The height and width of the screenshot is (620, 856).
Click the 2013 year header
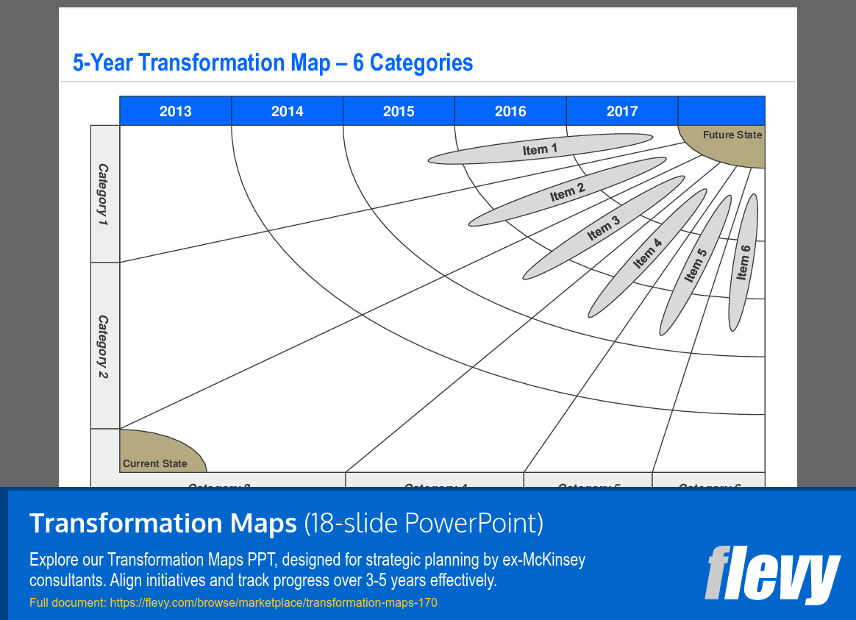[x=175, y=111]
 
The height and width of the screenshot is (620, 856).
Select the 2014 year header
[x=287, y=111]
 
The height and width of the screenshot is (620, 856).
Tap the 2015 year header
[x=399, y=111]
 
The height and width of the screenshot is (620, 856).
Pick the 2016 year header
[x=510, y=111]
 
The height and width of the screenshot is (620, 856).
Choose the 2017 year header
[x=622, y=111]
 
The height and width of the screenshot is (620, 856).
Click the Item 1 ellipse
[x=540, y=149]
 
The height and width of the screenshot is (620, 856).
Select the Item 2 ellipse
[x=567, y=193]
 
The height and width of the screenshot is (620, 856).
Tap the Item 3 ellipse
[x=604, y=228]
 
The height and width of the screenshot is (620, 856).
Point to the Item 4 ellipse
[x=647, y=253]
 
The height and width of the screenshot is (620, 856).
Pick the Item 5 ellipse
[x=695, y=265]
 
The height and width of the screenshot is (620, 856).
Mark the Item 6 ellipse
[x=743, y=263]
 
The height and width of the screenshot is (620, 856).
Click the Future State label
[x=732, y=135]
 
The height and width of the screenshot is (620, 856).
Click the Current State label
[x=155, y=463]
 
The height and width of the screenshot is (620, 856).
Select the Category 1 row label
[x=104, y=194]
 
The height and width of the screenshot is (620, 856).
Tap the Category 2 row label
[x=104, y=346]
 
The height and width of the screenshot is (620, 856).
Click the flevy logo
[x=772, y=574]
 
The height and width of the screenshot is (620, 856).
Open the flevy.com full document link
[x=273, y=603]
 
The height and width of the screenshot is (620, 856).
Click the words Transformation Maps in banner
[x=163, y=523]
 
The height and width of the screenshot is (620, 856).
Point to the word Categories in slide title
[x=421, y=63]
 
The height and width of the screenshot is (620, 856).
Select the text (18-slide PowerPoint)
[x=424, y=523]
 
